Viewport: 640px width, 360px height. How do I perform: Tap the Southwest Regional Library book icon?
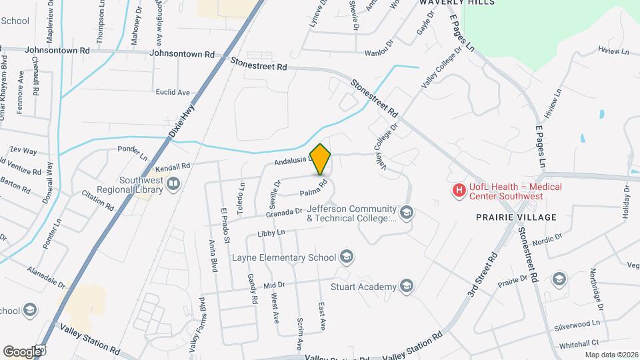(x=173, y=183)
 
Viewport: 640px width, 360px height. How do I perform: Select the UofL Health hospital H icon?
(x=458, y=191)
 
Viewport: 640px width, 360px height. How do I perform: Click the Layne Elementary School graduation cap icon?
(x=346, y=257)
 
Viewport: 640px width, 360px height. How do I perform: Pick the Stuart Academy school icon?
(x=407, y=287)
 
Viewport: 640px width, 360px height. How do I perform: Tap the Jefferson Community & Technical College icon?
(x=407, y=213)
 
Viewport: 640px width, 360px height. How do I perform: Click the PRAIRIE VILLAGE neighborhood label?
(x=516, y=217)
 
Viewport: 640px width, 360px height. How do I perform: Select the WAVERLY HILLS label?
(x=467, y=3)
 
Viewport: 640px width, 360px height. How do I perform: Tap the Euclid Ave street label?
(x=173, y=92)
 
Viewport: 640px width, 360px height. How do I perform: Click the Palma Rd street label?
(x=313, y=189)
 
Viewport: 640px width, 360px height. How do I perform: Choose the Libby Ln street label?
(x=271, y=233)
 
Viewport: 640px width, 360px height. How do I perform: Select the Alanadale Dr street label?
(x=47, y=277)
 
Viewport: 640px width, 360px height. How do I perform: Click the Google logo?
(x=23, y=351)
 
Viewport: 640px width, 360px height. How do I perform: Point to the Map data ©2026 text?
(x=611, y=354)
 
